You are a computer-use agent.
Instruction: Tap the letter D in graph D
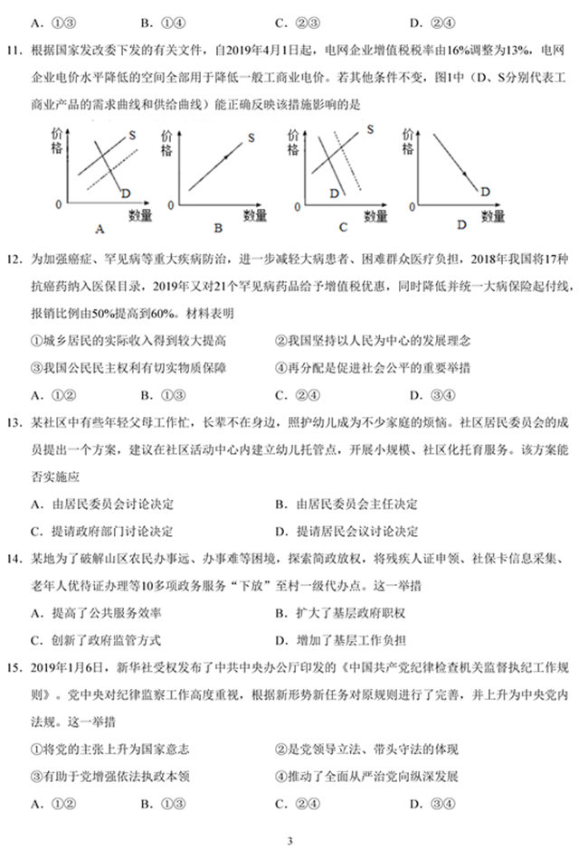coord(485,191)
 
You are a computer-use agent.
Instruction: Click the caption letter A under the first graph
coord(100,229)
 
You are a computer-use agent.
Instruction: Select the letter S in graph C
coord(371,129)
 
